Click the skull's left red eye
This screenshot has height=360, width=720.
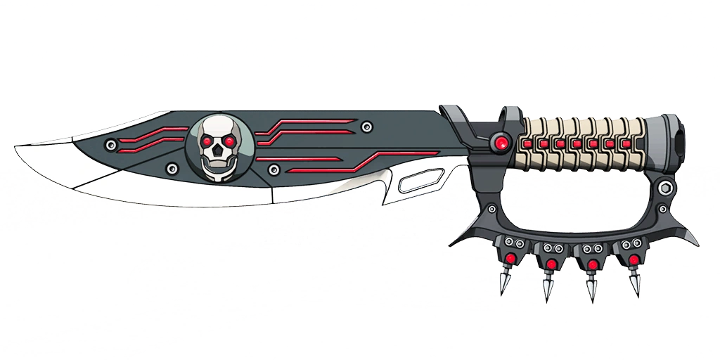click(x=208, y=142)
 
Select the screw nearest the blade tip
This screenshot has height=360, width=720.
click(x=110, y=146)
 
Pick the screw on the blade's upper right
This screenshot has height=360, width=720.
click(x=366, y=127)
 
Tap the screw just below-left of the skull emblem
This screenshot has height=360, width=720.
click(x=172, y=169)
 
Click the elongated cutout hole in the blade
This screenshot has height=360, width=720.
click(x=418, y=184)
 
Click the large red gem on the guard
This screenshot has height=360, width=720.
click(x=501, y=143)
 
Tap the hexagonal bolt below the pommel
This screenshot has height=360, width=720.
click(x=664, y=188)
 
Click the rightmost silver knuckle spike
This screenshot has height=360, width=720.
click(x=635, y=283)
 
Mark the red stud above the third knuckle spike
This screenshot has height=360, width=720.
click(x=593, y=264)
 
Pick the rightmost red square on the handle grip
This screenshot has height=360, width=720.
click(x=626, y=144)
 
